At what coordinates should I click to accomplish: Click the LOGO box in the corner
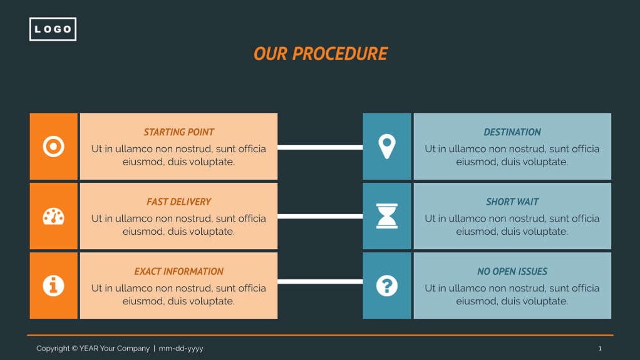53,29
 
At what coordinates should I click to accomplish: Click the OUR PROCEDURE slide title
320,54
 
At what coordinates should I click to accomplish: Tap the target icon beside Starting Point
53,147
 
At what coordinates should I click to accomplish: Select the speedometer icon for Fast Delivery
53,217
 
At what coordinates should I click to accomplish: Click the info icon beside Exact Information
53,285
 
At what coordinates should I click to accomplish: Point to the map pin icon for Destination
387,147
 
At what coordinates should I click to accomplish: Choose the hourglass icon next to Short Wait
387,216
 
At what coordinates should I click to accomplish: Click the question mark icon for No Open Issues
387,285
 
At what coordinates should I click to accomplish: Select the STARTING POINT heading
178,132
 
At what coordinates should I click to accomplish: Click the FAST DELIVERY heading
178,202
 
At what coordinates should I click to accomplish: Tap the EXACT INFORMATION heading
178,271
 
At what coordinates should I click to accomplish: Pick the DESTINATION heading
512,132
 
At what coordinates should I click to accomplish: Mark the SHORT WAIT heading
512,202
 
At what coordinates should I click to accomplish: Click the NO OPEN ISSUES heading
512,271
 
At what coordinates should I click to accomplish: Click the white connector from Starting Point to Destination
320,148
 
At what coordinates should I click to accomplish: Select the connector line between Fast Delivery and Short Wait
320,217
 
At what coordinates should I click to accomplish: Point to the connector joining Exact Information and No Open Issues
320,282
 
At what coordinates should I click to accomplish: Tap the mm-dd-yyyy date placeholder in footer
181,349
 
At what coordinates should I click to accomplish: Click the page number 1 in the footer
600,349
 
